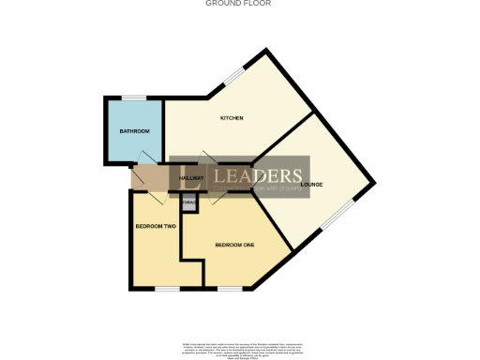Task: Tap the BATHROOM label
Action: (x=134, y=131)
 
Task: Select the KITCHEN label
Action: (x=232, y=118)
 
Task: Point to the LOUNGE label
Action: (x=311, y=184)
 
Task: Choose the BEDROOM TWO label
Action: (x=155, y=227)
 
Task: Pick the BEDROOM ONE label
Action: (x=234, y=245)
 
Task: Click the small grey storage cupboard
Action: (x=188, y=202)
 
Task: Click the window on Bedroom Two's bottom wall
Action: (x=167, y=288)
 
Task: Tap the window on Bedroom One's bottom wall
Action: (x=230, y=288)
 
